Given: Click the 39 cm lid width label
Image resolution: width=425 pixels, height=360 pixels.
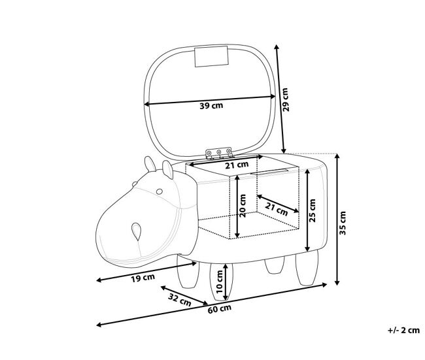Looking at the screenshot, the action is click(211, 105).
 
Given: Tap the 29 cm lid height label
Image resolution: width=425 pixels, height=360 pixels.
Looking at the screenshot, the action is click(286, 100).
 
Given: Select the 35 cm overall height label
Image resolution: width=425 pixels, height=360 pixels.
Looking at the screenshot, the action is click(343, 223).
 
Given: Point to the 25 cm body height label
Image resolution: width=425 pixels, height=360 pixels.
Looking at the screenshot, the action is click(313, 210).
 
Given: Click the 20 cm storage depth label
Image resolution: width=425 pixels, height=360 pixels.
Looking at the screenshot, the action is click(243, 206).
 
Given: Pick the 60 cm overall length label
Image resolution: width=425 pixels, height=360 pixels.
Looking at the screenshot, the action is click(220, 309).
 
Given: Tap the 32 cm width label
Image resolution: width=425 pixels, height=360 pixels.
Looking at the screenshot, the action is click(180, 300).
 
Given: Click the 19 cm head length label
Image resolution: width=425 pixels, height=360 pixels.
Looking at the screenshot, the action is click(143, 278).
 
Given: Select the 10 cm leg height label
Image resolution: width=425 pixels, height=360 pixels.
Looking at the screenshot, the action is click(219, 282).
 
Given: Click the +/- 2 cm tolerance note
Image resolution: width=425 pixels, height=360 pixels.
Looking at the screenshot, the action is click(403, 330).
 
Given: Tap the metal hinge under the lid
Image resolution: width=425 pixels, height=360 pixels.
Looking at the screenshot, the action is click(219, 154).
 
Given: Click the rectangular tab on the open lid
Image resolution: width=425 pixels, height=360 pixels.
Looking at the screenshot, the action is click(211, 56).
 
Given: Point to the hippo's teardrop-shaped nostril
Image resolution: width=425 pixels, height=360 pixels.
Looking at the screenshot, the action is click(137, 231).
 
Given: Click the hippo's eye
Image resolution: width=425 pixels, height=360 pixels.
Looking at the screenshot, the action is click(160, 191).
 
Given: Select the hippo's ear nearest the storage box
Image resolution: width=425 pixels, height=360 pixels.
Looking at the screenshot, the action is click(168, 169).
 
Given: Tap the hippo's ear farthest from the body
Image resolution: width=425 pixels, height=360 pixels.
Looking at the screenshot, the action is click(150, 164).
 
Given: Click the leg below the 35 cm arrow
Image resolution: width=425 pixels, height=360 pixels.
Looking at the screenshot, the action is click(307, 268).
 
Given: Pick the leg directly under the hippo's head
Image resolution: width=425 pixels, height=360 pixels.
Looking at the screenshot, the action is click(188, 271).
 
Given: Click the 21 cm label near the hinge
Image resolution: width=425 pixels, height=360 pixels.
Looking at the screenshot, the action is click(237, 165).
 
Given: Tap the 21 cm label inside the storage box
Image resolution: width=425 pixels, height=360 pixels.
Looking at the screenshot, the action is click(276, 209).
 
